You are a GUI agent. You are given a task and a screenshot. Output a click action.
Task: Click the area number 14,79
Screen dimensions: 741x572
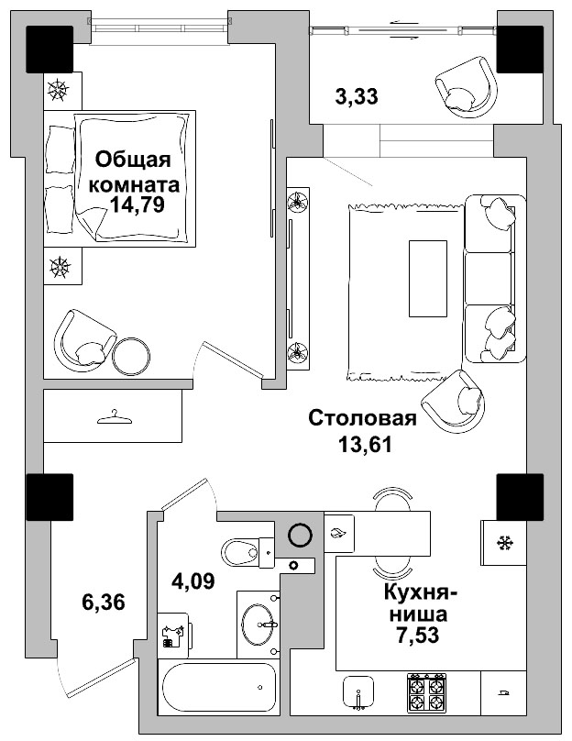coord(137,205)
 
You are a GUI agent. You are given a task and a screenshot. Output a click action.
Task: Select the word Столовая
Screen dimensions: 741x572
coord(362,419)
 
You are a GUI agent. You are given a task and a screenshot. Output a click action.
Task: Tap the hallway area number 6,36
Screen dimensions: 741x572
coord(103,603)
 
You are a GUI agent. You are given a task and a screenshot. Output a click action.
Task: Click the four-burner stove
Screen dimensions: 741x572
coord(426,691)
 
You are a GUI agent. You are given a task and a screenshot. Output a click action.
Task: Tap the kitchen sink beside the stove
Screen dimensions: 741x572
coord(360,692)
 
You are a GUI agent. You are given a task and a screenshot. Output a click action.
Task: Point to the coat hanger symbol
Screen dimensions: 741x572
coord(114,417)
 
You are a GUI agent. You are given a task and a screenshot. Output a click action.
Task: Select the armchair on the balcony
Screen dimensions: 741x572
coord(464,85)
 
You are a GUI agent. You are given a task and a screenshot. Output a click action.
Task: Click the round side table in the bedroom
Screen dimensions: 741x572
coord(133,355)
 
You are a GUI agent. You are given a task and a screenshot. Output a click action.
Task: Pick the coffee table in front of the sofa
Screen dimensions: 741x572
coord(428,278)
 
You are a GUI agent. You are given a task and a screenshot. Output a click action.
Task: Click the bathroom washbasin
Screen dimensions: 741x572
coord(262,625)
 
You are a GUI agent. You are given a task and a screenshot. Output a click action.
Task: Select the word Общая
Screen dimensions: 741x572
coord(133,160)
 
